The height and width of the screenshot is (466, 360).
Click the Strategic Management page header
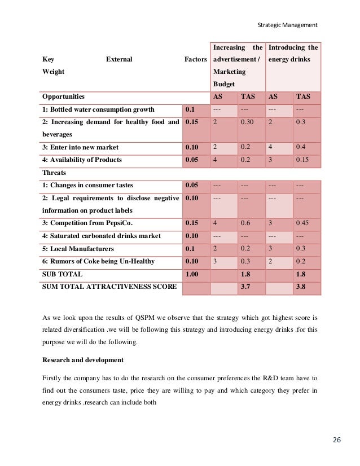(x=287, y=25)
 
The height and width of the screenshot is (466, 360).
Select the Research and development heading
(x=83, y=359)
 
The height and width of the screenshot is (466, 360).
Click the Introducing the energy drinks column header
(x=293, y=54)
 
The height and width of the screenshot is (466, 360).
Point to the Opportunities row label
(x=63, y=96)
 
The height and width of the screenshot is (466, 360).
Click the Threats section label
(x=54, y=173)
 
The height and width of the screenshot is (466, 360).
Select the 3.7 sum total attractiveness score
(x=245, y=287)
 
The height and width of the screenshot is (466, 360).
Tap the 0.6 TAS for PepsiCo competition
(x=245, y=223)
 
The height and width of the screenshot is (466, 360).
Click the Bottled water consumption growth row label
(x=98, y=109)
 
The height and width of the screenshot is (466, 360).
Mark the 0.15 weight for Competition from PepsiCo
(x=192, y=223)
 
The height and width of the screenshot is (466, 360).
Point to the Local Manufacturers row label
(x=78, y=249)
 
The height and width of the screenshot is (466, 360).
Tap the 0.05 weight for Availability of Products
(x=192, y=160)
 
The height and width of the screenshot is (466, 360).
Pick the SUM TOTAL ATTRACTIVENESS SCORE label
(x=109, y=287)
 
